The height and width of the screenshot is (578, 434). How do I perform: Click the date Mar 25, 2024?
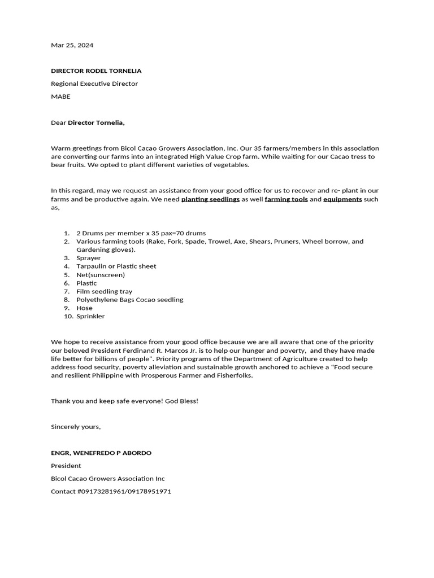(x=72, y=45)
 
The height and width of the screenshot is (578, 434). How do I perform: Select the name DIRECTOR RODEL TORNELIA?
(x=96, y=71)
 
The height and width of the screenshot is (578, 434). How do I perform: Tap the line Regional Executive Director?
(x=94, y=84)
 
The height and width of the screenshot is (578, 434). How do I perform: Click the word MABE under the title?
(x=60, y=97)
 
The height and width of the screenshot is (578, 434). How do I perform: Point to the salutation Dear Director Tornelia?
(x=88, y=122)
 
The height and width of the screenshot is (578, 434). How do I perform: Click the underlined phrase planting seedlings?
(x=210, y=199)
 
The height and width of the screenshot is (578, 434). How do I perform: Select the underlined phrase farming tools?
(x=286, y=199)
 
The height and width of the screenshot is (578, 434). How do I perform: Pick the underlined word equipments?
(x=342, y=199)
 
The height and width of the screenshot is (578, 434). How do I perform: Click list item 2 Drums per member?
(x=141, y=233)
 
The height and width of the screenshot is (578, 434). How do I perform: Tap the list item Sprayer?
(x=89, y=258)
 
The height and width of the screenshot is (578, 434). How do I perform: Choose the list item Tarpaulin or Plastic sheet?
(x=116, y=266)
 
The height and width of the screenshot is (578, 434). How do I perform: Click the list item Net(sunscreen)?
(x=101, y=275)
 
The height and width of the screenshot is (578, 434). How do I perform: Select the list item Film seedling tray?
(x=105, y=291)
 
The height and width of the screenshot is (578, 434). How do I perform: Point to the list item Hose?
(x=84, y=308)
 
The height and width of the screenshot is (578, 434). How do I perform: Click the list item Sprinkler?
(x=90, y=317)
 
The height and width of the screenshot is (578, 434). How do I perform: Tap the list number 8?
(x=66, y=300)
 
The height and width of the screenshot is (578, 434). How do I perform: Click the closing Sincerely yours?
(x=76, y=427)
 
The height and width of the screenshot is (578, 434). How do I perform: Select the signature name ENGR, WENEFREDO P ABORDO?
(x=101, y=453)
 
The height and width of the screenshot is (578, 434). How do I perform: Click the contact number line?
(x=111, y=492)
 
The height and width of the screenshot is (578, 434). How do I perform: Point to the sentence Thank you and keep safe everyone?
(x=124, y=401)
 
